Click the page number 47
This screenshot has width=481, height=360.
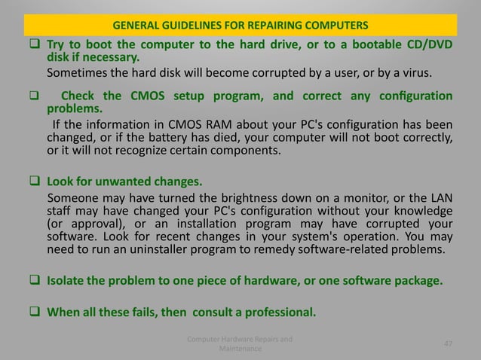tap(448, 343)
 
